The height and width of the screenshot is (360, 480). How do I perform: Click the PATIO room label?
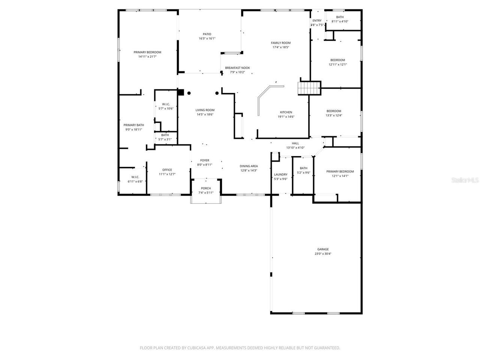(207, 34)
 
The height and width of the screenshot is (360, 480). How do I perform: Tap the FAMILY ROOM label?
(281, 43)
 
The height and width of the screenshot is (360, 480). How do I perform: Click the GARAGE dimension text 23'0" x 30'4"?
(323, 254)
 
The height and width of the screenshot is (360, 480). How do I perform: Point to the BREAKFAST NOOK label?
(237, 68)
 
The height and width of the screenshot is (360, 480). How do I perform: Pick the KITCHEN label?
(286, 112)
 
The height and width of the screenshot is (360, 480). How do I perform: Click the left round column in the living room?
(189, 93)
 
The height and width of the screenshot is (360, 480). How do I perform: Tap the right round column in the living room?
(217, 93)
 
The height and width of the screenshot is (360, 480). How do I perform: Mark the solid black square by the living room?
(181, 92)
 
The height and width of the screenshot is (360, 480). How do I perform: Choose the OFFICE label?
(167, 170)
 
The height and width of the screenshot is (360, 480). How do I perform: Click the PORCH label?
(206, 188)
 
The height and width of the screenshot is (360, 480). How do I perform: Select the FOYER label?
(205, 160)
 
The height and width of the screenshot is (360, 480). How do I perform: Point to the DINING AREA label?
(249, 166)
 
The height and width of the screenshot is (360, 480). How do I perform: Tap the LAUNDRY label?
(280, 174)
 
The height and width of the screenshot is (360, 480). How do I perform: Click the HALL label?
(295, 143)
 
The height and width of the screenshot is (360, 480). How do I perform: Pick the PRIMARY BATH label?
(134, 125)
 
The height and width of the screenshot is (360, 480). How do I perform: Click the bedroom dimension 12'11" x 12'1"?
(337, 64)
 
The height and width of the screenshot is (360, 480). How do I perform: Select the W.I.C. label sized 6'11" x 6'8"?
(135, 177)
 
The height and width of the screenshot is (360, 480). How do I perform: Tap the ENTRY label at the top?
(317, 21)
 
